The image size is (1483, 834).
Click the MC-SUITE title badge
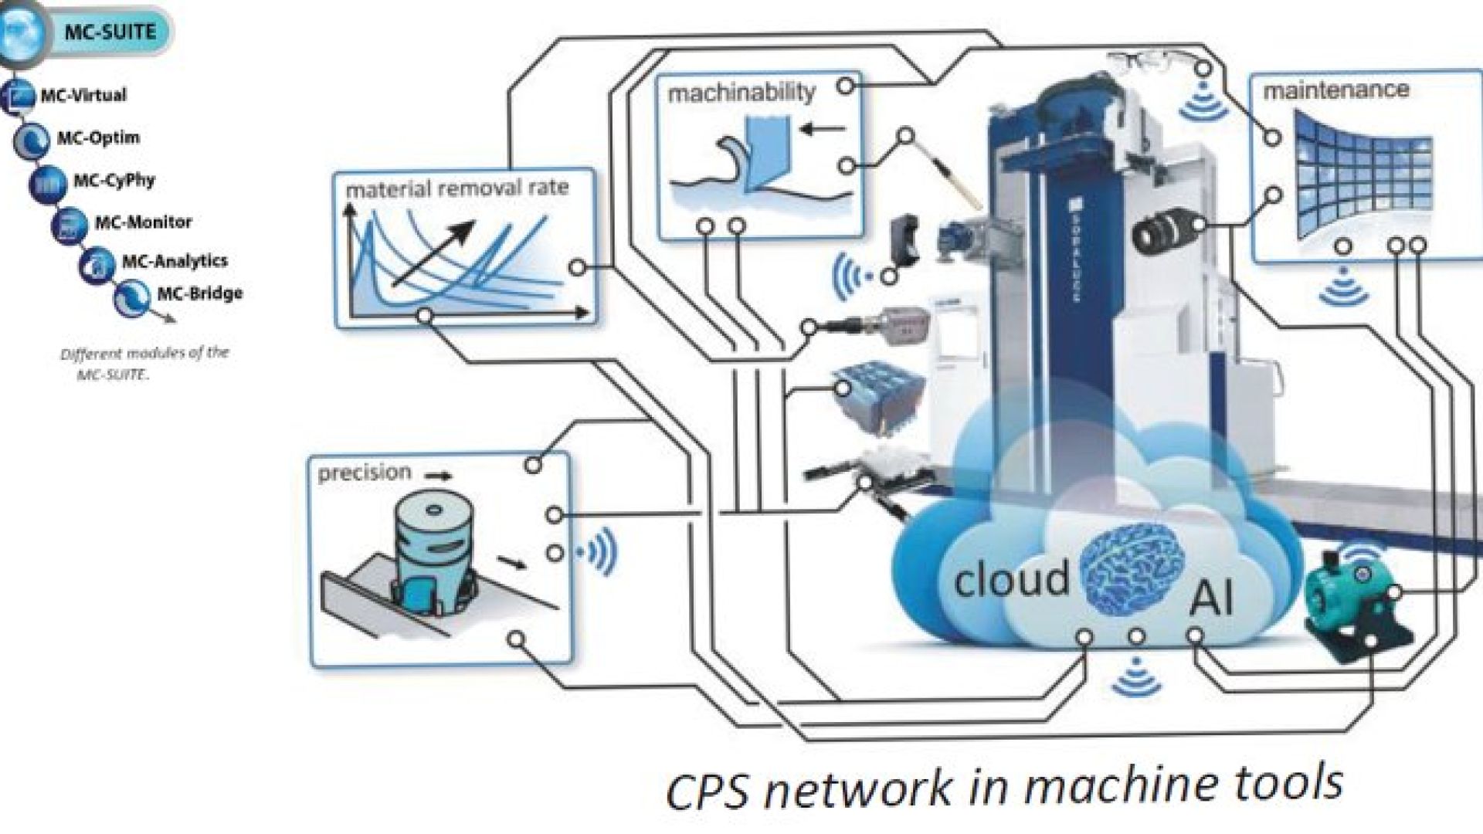(110, 32)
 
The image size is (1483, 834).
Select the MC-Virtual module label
(83, 96)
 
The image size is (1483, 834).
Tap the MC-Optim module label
(98, 138)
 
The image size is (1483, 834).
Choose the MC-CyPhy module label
(114, 181)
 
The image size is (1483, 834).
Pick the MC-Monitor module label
(143, 222)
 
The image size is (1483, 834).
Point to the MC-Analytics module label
(175, 261)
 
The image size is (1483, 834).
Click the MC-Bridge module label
(199, 293)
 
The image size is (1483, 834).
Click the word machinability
(741, 93)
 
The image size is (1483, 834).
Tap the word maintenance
(1335, 90)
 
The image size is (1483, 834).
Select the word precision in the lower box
(365, 472)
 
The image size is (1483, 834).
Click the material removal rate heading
(457, 188)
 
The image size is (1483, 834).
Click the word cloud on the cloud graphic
(1012, 579)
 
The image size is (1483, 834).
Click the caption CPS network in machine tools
(1003, 786)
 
